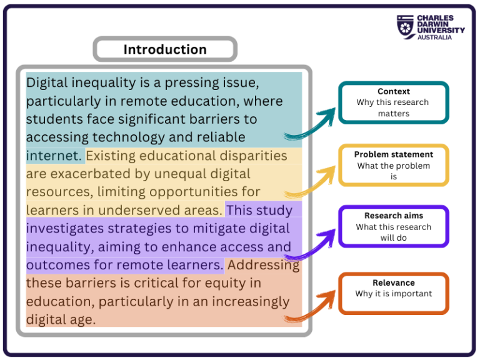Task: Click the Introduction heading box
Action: coord(165,49)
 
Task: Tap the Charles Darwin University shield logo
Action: coord(406,27)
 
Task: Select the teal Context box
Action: coord(394,102)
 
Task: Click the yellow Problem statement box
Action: coord(394,165)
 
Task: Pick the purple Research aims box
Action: coord(394,226)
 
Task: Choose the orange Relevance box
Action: coord(394,292)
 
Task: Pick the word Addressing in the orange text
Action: coord(263,265)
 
